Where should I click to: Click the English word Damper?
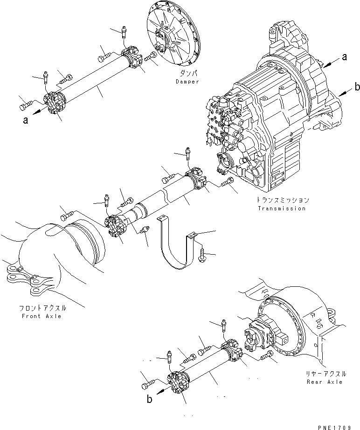(x=187, y=82)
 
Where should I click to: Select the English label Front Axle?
(x=41, y=316)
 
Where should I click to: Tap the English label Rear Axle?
(x=325, y=381)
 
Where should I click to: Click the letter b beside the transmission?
(x=357, y=87)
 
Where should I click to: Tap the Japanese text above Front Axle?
(x=41, y=308)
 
